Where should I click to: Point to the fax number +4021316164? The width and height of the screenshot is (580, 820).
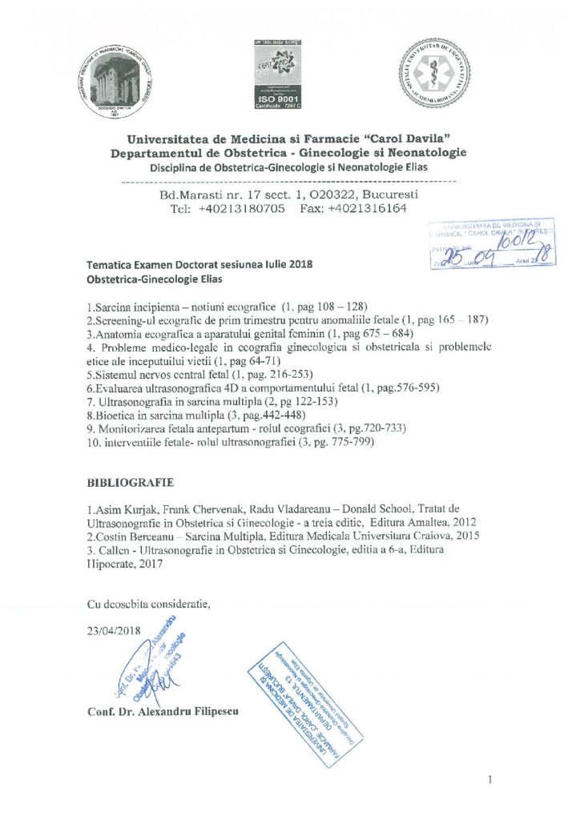[367, 208]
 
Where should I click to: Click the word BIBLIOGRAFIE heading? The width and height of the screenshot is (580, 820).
[129, 484]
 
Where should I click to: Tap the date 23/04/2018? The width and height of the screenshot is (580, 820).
[114, 629]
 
